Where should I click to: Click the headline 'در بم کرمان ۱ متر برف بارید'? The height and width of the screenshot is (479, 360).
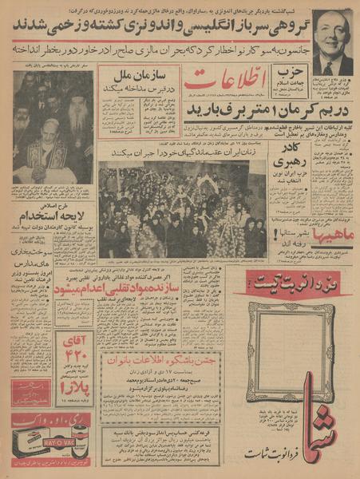point(251,109)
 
